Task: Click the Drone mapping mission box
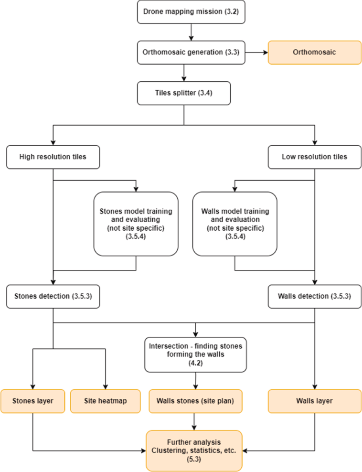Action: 191,12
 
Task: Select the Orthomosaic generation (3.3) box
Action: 191,53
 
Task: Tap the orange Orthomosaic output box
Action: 314,53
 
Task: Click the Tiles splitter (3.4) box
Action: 184,93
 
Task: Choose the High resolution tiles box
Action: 53,157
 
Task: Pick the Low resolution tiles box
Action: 314,157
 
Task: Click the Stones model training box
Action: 136,224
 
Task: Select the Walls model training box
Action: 234,224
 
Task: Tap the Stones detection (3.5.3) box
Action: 53,296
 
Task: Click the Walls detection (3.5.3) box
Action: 314,296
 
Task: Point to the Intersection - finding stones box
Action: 196,354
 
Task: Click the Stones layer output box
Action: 33,401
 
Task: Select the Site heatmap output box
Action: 106,401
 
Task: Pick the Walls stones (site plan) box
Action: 195,401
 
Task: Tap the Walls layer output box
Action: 314,401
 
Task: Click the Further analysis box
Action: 194,451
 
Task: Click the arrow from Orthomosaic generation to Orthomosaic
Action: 256,53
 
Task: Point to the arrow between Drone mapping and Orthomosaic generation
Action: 191,32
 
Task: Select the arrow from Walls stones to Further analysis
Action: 194,421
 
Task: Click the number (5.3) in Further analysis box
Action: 194,459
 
